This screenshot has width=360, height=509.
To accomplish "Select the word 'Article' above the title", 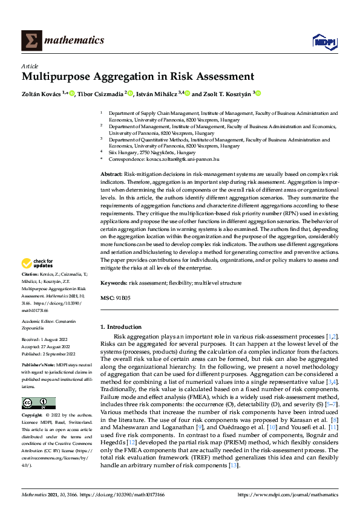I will coord(30,66).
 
